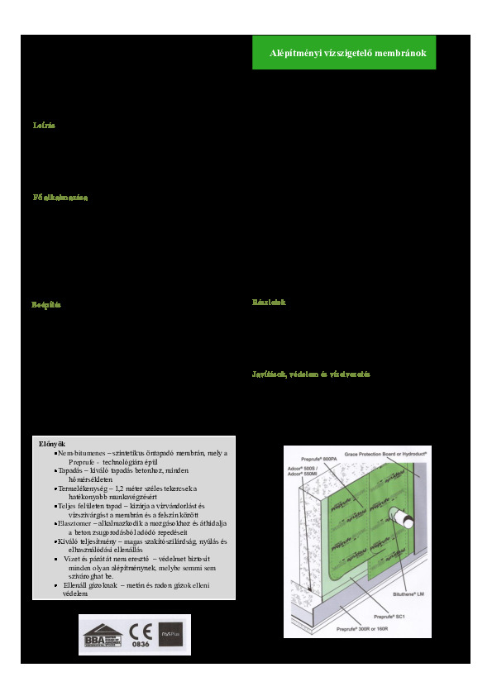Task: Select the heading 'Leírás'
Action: coord(43,126)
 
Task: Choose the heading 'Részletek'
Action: coord(269,303)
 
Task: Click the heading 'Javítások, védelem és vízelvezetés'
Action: coord(311,374)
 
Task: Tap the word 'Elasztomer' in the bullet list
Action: coord(77,523)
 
